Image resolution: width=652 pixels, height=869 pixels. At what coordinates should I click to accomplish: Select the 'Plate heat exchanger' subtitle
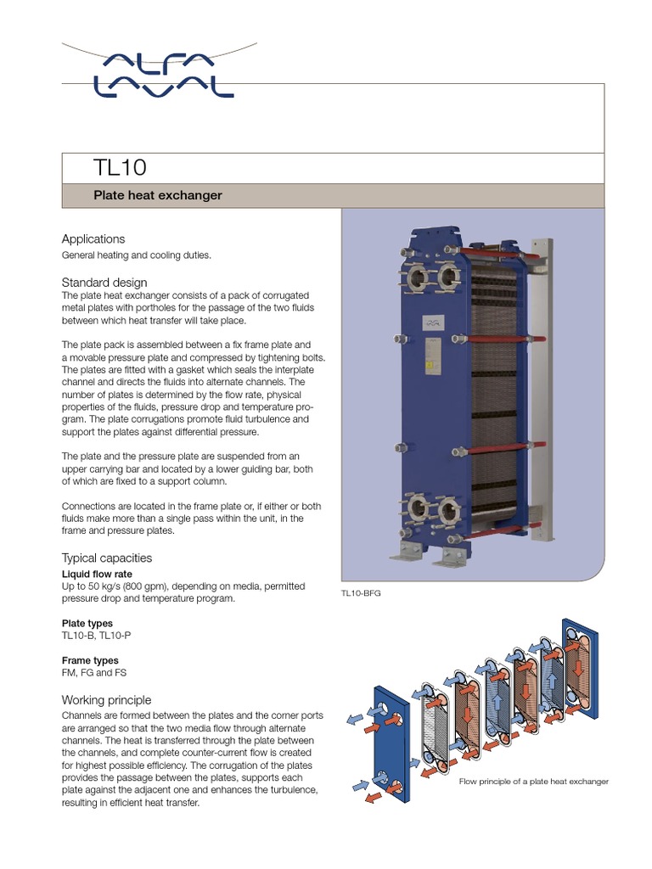click(x=157, y=195)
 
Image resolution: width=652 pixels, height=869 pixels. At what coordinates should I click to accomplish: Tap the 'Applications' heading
click(x=93, y=239)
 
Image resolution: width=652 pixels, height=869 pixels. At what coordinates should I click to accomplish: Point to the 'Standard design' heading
click(x=104, y=282)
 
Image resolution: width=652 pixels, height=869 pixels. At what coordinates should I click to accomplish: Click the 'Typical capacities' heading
click(x=107, y=558)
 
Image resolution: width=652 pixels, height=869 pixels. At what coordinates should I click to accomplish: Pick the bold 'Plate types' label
click(x=87, y=623)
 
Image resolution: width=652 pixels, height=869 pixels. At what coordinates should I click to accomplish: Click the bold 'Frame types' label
click(x=90, y=660)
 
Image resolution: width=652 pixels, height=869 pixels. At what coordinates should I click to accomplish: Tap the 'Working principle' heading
click(x=107, y=700)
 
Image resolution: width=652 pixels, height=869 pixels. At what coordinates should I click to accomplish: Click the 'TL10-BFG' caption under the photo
click(x=362, y=594)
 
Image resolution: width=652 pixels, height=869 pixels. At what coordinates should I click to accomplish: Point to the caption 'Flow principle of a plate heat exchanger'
click(x=534, y=781)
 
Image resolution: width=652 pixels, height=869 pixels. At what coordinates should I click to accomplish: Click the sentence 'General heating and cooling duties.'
click(x=136, y=255)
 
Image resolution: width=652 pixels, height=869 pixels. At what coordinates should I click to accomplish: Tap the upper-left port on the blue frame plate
click(x=416, y=278)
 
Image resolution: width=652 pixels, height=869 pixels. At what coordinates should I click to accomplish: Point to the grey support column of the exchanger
click(x=537, y=390)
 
